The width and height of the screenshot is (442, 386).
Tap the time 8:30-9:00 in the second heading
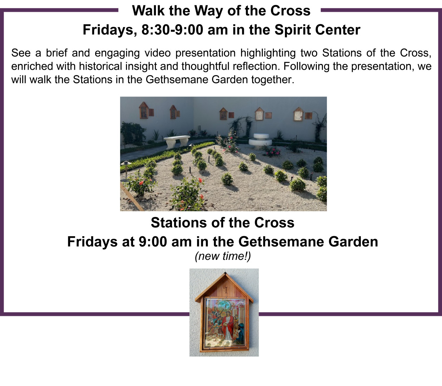pos(172,30)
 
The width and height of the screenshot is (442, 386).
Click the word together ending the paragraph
pos(272,80)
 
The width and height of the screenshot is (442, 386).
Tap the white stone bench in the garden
pos(177,142)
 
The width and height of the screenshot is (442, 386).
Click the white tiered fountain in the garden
pos(260,141)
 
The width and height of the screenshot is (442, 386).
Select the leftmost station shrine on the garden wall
pos(144,110)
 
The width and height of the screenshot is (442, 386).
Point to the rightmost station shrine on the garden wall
pos(299,114)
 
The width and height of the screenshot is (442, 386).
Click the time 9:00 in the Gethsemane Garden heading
pos(153,242)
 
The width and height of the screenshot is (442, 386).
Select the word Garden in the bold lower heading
pos(353,242)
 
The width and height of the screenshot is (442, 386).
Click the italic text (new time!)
pos(223,257)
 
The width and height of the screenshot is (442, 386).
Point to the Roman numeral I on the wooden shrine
pos(226,290)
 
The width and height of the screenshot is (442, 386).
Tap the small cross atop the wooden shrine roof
pos(225,273)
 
